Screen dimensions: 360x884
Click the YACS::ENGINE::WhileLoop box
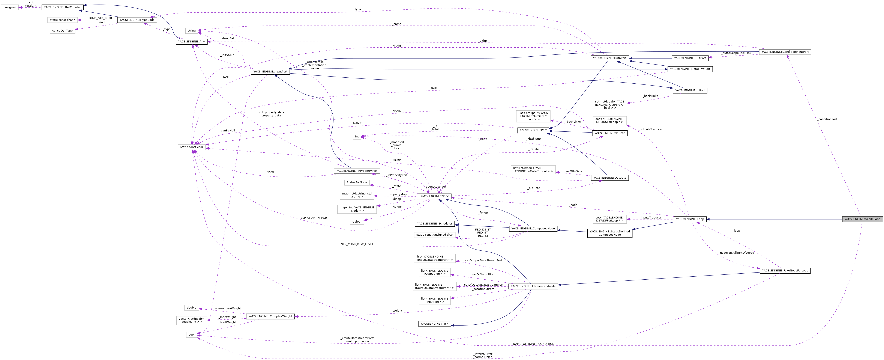coord(862,219)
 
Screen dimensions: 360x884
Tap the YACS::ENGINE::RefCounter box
coord(62,7)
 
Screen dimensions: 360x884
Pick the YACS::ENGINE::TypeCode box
coord(137,20)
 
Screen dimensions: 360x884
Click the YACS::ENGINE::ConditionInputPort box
coord(785,52)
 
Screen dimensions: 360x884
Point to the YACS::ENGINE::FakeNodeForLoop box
coord(785,270)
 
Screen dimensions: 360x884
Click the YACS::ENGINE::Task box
coord(434,324)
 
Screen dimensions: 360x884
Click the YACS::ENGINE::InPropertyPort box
coord(357,171)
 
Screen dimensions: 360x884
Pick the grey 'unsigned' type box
coord(10,7)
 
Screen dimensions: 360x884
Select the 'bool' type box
coord(192,335)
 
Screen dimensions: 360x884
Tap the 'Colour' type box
coord(357,222)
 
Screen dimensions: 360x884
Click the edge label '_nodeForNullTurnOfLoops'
coord(736,253)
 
